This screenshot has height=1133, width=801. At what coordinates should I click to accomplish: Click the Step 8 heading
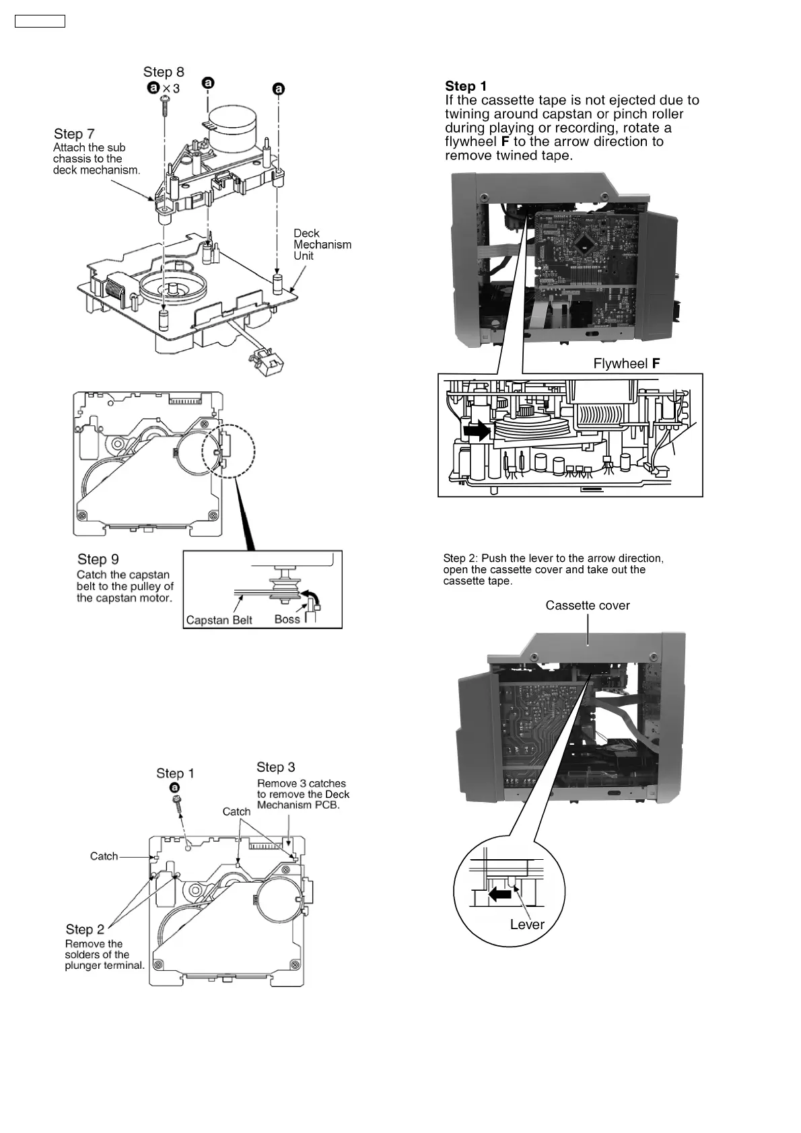[x=164, y=72]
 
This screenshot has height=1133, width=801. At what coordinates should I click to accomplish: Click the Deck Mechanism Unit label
[x=322, y=244]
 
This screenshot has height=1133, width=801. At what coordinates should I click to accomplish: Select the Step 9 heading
[x=98, y=559]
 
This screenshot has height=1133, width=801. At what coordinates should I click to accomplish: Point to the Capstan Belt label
[x=219, y=620]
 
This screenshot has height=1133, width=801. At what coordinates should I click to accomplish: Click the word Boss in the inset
[x=287, y=619]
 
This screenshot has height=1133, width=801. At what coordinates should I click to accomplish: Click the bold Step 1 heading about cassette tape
[x=466, y=86]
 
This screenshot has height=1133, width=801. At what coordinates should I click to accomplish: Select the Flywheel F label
[x=626, y=364]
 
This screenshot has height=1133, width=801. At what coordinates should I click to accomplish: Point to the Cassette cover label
[x=588, y=606]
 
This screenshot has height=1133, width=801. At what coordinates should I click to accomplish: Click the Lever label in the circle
[x=527, y=924]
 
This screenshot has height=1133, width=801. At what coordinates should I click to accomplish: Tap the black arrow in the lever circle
[x=500, y=894]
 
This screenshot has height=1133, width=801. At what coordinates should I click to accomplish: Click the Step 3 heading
[x=276, y=767]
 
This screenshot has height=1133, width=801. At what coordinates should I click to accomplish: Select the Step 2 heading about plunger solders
[x=85, y=929]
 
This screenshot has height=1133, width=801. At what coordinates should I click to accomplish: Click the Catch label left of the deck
[x=104, y=856]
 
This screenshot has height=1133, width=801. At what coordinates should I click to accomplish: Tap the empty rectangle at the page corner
[x=40, y=21]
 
